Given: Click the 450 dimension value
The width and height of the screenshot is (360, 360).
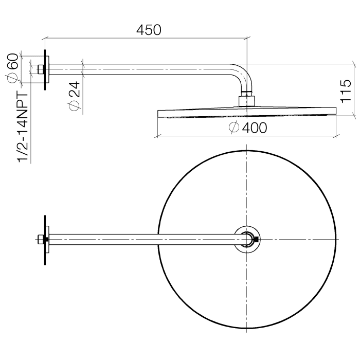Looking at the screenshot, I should [149, 30].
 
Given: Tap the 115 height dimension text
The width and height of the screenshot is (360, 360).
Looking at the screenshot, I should [345, 91].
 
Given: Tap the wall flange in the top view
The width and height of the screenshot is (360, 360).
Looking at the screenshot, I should [46, 239].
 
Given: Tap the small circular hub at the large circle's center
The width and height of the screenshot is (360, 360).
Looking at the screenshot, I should [247, 239].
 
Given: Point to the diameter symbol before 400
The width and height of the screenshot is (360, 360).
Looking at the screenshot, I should [233, 128].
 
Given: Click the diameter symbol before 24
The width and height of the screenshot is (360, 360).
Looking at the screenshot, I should [73, 105].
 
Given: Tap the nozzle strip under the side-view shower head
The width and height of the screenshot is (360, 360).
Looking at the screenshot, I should [247, 117].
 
